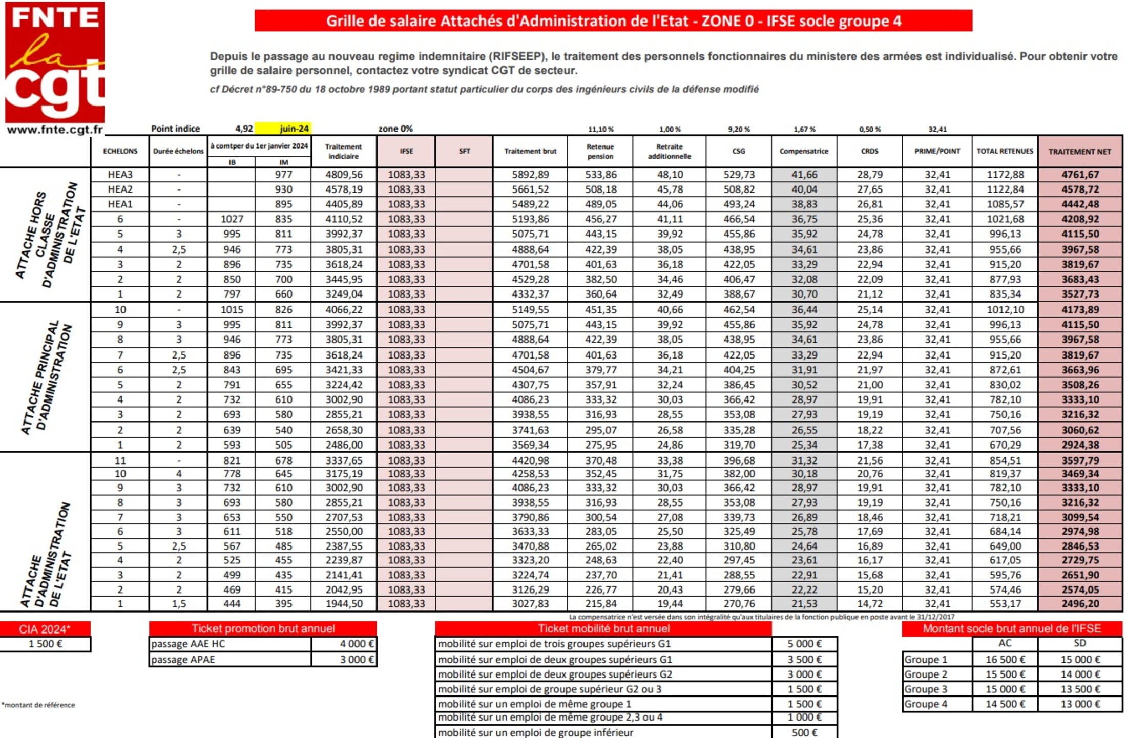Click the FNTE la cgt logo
click(55, 62)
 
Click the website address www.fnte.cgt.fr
click(55, 130)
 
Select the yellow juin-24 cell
click(283, 129)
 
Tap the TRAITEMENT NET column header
click(1079, 152)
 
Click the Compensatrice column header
click(804, 151)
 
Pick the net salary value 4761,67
click(1080, 175)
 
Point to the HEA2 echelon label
click(120, 189)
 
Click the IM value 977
click(283, 175)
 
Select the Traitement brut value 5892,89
click(530, 175)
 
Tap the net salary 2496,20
click(1080, 604)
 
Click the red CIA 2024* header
click(45, 629)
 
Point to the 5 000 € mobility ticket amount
click(804, 644)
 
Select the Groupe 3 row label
click(926, 689)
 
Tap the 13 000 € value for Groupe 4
click(1080, 704)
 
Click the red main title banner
click(613, 21)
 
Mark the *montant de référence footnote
click(38, 705)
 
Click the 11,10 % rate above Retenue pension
click(600, 129)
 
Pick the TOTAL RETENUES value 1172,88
click(1005, 175)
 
